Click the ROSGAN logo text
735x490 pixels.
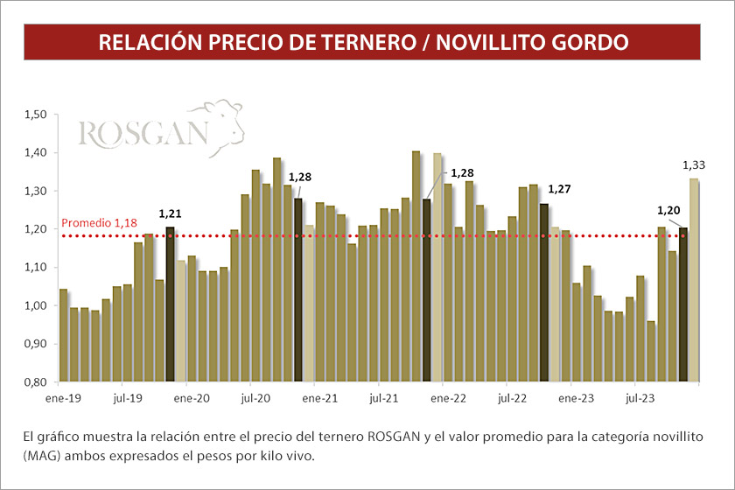143,134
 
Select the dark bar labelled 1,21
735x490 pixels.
170,304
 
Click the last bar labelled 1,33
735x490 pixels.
694,280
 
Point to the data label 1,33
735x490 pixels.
695,164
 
